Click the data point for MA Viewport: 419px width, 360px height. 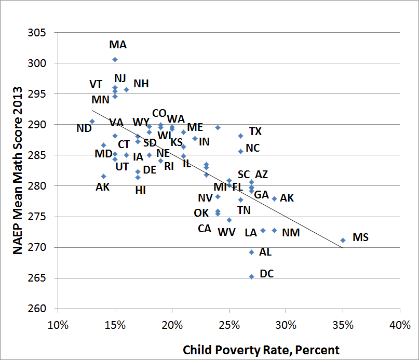point(115,59)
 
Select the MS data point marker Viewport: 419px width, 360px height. point(343,240)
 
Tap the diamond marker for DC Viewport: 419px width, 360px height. point(251,276)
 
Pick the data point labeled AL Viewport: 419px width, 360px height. point(251,252)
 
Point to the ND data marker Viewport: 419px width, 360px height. point(92,121)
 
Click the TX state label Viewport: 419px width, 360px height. point(255,131)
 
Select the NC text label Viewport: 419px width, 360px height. point(253,148)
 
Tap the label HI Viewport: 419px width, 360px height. point(140,190)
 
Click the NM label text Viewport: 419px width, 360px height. point(291,233)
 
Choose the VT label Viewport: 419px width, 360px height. point(96,84)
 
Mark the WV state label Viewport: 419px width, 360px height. point(226,232)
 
